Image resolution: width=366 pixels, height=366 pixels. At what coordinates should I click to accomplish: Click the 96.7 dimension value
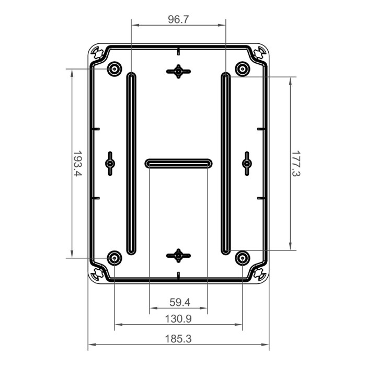[178, 20]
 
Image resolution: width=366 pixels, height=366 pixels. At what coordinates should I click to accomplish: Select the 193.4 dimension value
[77, 164]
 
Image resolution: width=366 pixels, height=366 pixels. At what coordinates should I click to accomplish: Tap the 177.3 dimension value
[296, 164]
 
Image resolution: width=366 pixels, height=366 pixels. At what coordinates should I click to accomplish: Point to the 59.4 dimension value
[179, 302]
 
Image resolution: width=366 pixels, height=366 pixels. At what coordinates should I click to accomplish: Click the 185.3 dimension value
[178, 339]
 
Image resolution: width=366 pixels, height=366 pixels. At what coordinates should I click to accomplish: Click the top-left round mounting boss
[114, 68]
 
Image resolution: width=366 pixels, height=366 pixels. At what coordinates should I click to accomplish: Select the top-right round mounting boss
[242, 68]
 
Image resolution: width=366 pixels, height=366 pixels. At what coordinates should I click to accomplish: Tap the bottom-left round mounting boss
[114, 258]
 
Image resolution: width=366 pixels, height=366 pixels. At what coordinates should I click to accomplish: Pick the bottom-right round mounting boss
[242, 258]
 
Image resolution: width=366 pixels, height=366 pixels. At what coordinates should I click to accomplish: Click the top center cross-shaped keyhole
[178, 71]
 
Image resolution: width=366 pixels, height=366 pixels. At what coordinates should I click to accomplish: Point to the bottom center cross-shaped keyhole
[178, 256]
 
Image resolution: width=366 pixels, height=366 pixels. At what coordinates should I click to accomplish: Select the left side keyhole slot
[110, 164]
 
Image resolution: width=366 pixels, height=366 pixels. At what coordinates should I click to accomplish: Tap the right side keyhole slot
[247, 164]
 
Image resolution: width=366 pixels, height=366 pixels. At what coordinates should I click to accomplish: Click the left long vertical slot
[131, 164]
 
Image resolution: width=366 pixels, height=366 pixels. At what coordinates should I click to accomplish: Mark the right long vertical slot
[225, 164]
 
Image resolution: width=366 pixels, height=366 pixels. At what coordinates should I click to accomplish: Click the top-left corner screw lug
[98, 53]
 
